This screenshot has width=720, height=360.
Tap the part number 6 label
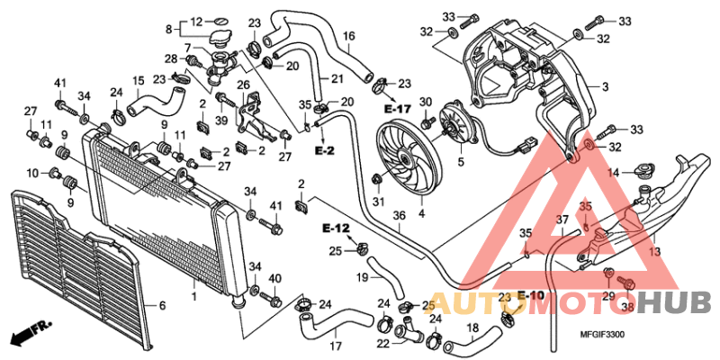(163, 305)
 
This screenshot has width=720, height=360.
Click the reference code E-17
(397, 108)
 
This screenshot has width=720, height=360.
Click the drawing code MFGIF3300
(616, 335)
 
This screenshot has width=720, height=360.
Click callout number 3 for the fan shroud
(606, 86)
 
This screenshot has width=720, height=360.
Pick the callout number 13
(655, 252)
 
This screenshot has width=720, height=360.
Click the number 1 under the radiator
(193, 295)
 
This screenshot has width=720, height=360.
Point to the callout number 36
(399, 217)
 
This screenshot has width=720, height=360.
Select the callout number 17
(335, 346)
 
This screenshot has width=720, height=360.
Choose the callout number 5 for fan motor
(462, 163)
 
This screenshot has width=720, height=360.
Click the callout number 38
(628, 306)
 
